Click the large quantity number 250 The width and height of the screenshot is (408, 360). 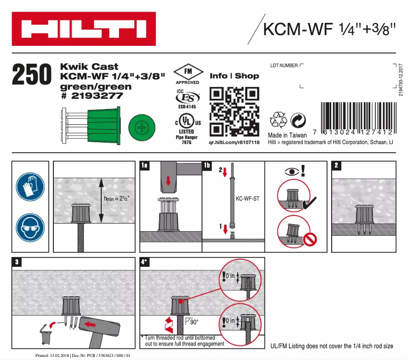[32, 76]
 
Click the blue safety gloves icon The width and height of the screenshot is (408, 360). [30, 185]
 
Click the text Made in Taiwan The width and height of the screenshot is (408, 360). [288, 135]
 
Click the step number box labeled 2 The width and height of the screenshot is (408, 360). [337, 165]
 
